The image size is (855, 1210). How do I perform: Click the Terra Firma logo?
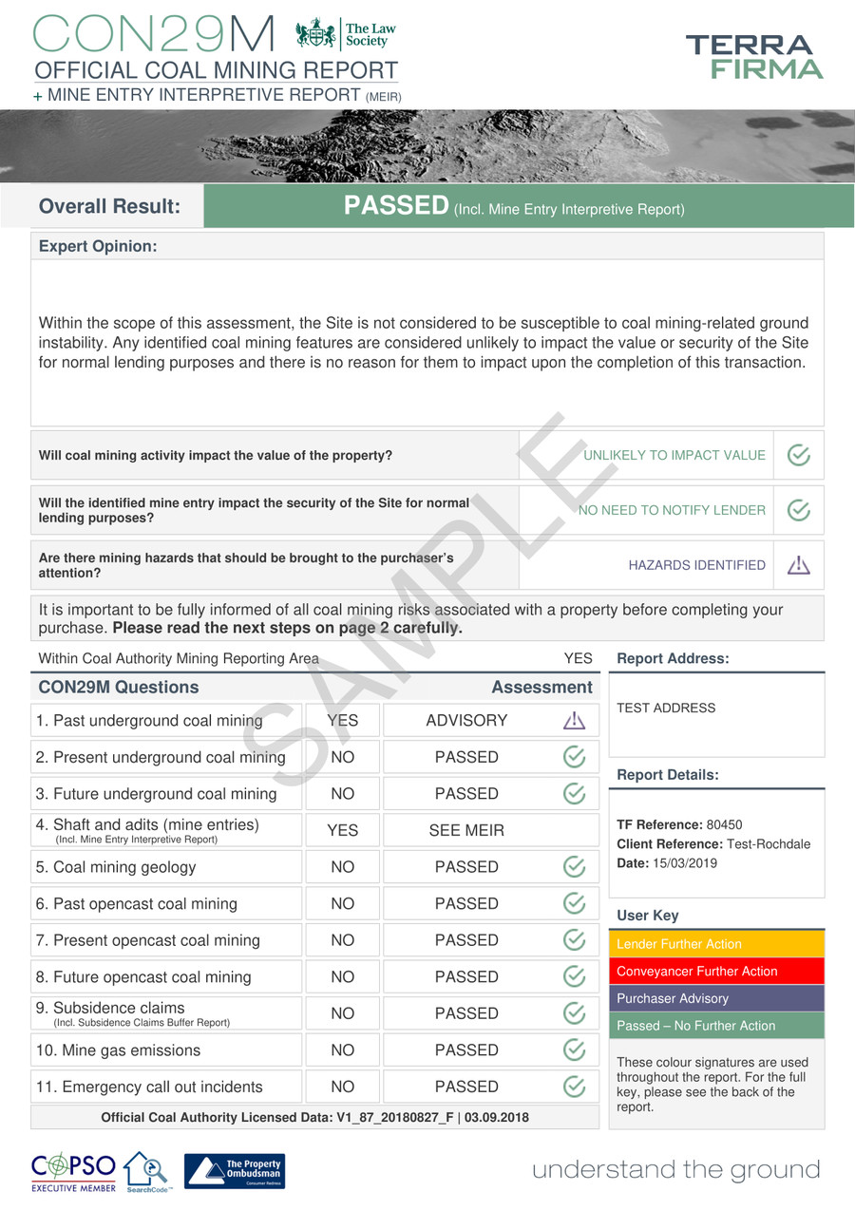(754, 57)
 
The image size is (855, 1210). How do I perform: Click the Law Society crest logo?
(315, 35)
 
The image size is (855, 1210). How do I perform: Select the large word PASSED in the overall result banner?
(396, 206)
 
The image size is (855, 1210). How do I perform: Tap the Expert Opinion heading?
(98, 247)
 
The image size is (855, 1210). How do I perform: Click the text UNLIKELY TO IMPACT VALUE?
(674, 455)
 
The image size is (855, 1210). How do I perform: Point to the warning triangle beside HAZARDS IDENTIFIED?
(799, 565)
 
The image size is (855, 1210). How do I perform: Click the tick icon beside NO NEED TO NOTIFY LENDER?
(799, 510)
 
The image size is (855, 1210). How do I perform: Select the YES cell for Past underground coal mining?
(342, 721)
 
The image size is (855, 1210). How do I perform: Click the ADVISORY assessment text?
(466, 721)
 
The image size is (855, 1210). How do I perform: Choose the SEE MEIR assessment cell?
(466, 831)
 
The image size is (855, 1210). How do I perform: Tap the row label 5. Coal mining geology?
(116, 867)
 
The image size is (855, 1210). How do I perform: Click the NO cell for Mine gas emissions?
(342, 1050)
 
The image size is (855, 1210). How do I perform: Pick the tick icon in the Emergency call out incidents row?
(574, 1087)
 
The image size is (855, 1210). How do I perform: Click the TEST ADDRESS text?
(666, 708)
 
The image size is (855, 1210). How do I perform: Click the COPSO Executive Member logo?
(73, 1171)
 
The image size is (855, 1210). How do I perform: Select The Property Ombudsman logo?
(234, 1171)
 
